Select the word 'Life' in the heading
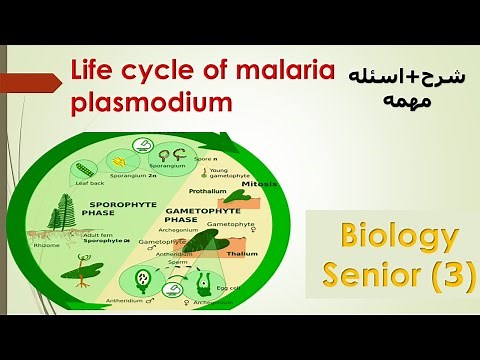coord(91,71)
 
